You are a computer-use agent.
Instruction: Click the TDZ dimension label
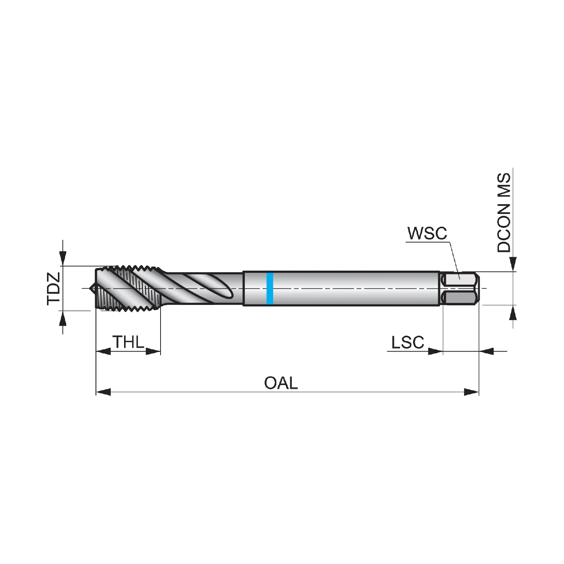[54, 288]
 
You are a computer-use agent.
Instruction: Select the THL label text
[128, 342]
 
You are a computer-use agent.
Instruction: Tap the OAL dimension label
[281, 383]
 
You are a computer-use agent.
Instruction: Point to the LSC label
[408, 343]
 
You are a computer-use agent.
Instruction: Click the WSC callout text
[427, 233]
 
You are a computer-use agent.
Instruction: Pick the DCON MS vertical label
[504, 212]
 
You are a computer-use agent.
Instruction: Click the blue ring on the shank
[270, 288]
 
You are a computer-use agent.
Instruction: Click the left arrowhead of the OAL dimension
[103, 392]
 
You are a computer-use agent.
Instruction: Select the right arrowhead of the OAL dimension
[472, 392]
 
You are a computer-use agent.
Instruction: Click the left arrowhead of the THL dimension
[103, 352]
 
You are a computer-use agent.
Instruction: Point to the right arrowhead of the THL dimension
[153, 352]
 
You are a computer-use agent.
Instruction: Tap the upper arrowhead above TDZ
[63, 258]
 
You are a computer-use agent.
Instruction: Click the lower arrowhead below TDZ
[63, 318]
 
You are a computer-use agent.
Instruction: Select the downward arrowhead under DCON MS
[513, 264]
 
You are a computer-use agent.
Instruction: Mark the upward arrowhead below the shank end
[513, 312]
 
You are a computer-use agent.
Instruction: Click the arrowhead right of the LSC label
[436, 352]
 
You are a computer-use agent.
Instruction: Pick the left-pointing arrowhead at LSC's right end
[487, 352]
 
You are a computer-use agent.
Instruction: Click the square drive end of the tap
[459, 288]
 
